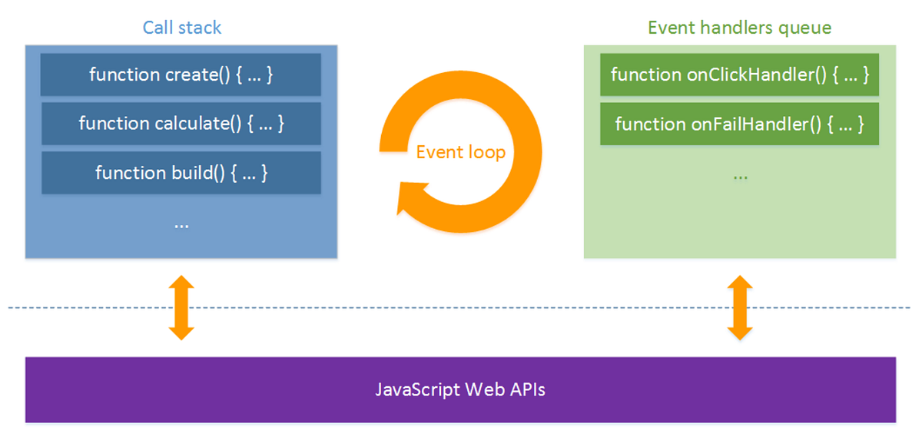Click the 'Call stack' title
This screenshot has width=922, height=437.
(x=181, y=28)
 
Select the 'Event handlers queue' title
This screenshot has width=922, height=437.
(x=739, y=28)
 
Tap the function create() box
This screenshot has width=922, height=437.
(x=181, y=74)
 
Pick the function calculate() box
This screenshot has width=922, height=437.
(x=181, y=123)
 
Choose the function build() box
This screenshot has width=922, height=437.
(x=181, y=173)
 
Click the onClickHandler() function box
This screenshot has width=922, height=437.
(x=739, y=74)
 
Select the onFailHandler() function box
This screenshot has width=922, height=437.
(x=739, y=124)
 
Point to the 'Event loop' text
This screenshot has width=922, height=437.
(x=460, y=152)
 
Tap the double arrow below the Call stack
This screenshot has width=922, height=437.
(x=181, y=307)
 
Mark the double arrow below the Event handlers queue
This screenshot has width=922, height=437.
(x=739, y=307)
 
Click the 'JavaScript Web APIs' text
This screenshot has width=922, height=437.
(x=460, y=389)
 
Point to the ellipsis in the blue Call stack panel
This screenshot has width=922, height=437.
(x=181, y=225)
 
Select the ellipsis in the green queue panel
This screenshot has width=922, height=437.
(x=739, y=175)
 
